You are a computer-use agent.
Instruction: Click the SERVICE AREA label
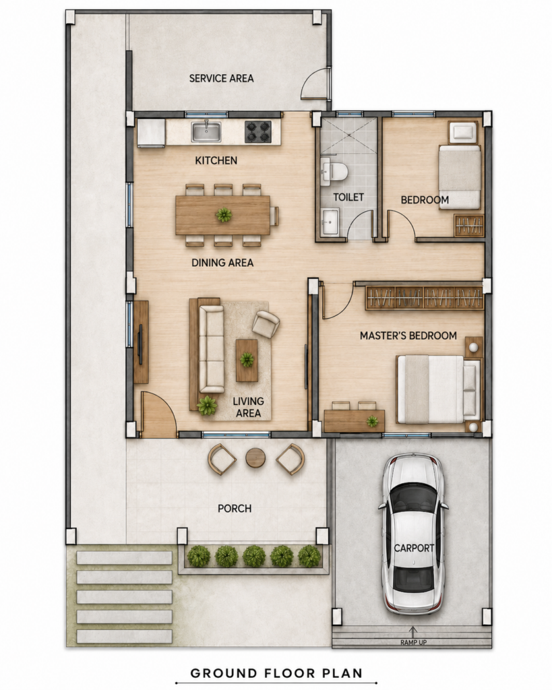(221, 78)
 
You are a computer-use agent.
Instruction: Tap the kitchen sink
(206, 131)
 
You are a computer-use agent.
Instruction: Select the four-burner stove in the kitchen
(258, 131)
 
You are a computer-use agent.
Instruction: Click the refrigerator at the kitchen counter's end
(151, 133)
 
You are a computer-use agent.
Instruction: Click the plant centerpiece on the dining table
(224, 215)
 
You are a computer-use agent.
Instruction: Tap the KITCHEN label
(216, 160)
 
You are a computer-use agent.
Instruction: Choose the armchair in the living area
(266, 324)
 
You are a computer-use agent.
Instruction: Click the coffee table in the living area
(247, 360)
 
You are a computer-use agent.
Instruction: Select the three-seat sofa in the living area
(211, 348)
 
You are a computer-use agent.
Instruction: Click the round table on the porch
(255, 458)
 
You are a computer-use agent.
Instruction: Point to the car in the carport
(413, 534)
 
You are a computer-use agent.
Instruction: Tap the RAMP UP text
(413, 642)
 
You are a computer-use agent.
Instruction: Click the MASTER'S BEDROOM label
(408, 336)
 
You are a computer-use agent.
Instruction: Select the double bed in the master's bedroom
(439, 389)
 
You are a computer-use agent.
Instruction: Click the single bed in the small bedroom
(459, 177)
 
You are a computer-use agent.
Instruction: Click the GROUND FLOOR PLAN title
(276, 672)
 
